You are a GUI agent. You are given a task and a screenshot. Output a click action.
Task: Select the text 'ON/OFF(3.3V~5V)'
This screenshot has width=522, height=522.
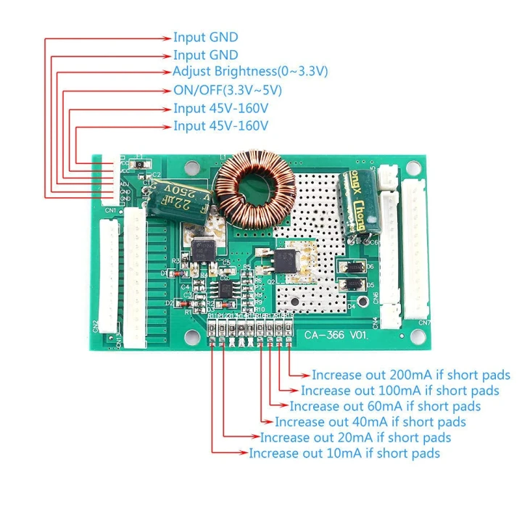227,90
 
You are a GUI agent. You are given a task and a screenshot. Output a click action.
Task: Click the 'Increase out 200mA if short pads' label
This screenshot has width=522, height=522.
411,376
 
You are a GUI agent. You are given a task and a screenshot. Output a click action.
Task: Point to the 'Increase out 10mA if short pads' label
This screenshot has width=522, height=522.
344,453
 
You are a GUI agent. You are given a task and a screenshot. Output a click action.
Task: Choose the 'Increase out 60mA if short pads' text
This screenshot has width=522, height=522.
385,406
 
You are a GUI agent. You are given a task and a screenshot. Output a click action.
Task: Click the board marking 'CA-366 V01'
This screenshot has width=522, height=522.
336,336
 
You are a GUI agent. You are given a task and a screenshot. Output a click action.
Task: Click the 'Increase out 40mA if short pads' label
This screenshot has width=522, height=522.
370,422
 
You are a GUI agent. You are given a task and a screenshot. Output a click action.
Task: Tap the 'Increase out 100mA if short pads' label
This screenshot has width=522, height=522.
400,391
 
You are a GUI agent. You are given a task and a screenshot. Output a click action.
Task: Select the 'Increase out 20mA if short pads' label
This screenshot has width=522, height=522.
355,438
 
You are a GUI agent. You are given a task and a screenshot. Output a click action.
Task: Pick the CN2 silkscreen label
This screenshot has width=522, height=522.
96,328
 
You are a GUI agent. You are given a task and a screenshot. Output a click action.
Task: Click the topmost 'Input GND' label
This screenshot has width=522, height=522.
205,37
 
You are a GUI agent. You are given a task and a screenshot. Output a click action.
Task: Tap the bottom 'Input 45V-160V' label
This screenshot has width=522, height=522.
220,126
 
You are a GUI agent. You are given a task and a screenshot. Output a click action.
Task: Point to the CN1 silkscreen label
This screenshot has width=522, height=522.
109,211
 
